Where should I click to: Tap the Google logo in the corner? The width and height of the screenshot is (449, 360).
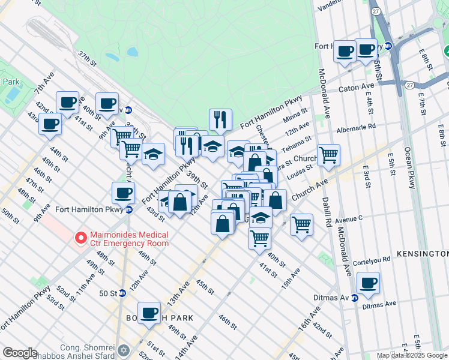[x=20, y=353]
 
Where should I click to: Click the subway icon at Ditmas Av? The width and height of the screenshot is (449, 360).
[x=355, y=298]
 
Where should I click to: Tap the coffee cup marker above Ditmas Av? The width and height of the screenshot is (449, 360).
[x=367, y=283]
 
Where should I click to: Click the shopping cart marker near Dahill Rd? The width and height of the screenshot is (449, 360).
[x=328, y=155]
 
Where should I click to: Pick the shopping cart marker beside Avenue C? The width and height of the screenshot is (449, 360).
[x=301, y=225]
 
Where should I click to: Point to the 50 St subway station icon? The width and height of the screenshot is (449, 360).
[x=122, y=293]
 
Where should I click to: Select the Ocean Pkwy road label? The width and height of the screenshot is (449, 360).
[x=411, y=169]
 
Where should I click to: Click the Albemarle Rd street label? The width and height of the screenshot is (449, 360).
[x=356, y=127]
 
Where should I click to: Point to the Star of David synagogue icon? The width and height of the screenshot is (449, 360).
[x=124, y=349]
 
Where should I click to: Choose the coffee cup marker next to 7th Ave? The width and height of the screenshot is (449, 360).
[x=67, y=103]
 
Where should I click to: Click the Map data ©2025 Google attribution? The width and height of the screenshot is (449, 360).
[x=412, y=355]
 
